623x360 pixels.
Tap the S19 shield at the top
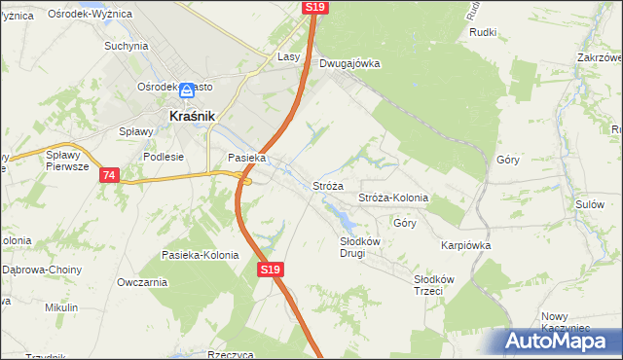[314, 7]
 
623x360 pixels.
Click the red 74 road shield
[108, 175]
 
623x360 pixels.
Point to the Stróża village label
[328, 185]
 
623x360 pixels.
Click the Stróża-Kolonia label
[393, 198]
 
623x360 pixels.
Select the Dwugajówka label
[349, 64]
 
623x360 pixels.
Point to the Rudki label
[483, 32]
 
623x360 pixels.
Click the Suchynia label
[127, 46]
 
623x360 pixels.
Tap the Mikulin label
[61, 307]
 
